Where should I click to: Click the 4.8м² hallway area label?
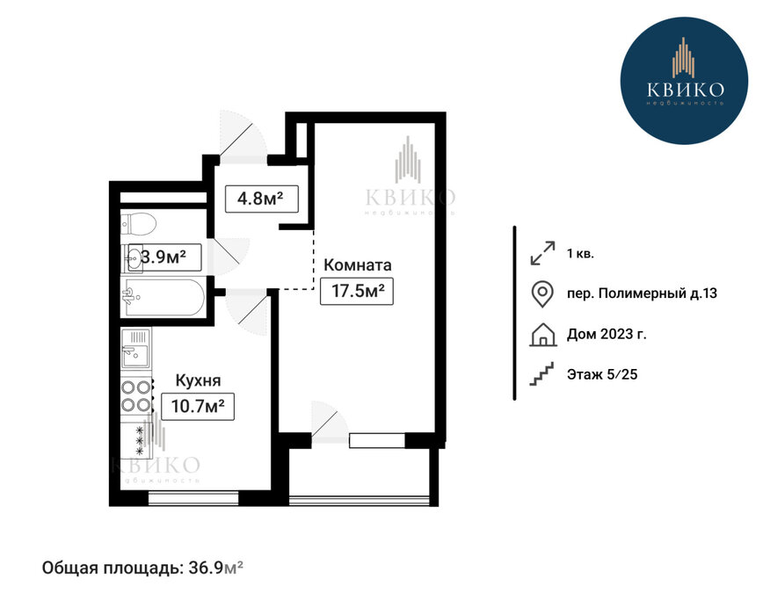pos(261,199)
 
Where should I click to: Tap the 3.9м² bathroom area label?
pos(164,257)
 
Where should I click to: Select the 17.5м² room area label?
pos(357,291)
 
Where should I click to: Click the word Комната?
pos(358,265)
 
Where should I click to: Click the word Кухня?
pos(198,380)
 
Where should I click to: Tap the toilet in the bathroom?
pos(138,224)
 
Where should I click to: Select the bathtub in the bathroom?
pos(163,297)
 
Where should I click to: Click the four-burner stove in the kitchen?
pos(135,396)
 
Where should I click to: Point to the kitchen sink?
pos(135,349)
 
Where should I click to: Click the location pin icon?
pos(542,294)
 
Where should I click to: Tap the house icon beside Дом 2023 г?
pos(542,335)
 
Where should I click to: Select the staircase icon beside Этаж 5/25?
pos(541,374)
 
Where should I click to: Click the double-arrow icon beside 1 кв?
pos(542,253)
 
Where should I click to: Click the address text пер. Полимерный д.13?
pos(642,293)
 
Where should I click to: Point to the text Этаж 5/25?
pos(602,374)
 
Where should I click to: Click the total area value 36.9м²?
pos(215,568)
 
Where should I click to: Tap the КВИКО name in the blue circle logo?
pos(686,90)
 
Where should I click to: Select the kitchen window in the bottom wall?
pos(193,498)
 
